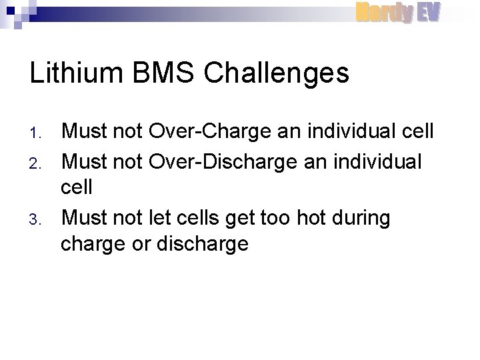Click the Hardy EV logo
pyautogui.click(x=397, y=12)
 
